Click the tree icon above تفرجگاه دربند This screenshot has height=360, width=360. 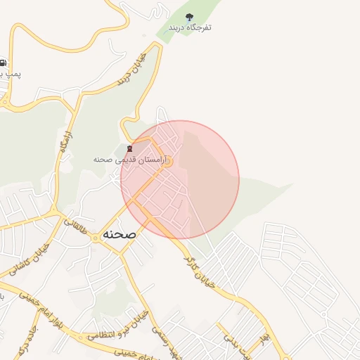click(x=188, y=16)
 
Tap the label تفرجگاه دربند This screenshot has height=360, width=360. click(x=190, y=27)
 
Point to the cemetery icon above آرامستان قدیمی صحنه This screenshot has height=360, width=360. click(x=129, y=148)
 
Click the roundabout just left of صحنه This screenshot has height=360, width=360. click(x=95, y=238)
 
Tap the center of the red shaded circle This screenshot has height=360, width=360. click(x=180, y=180)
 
